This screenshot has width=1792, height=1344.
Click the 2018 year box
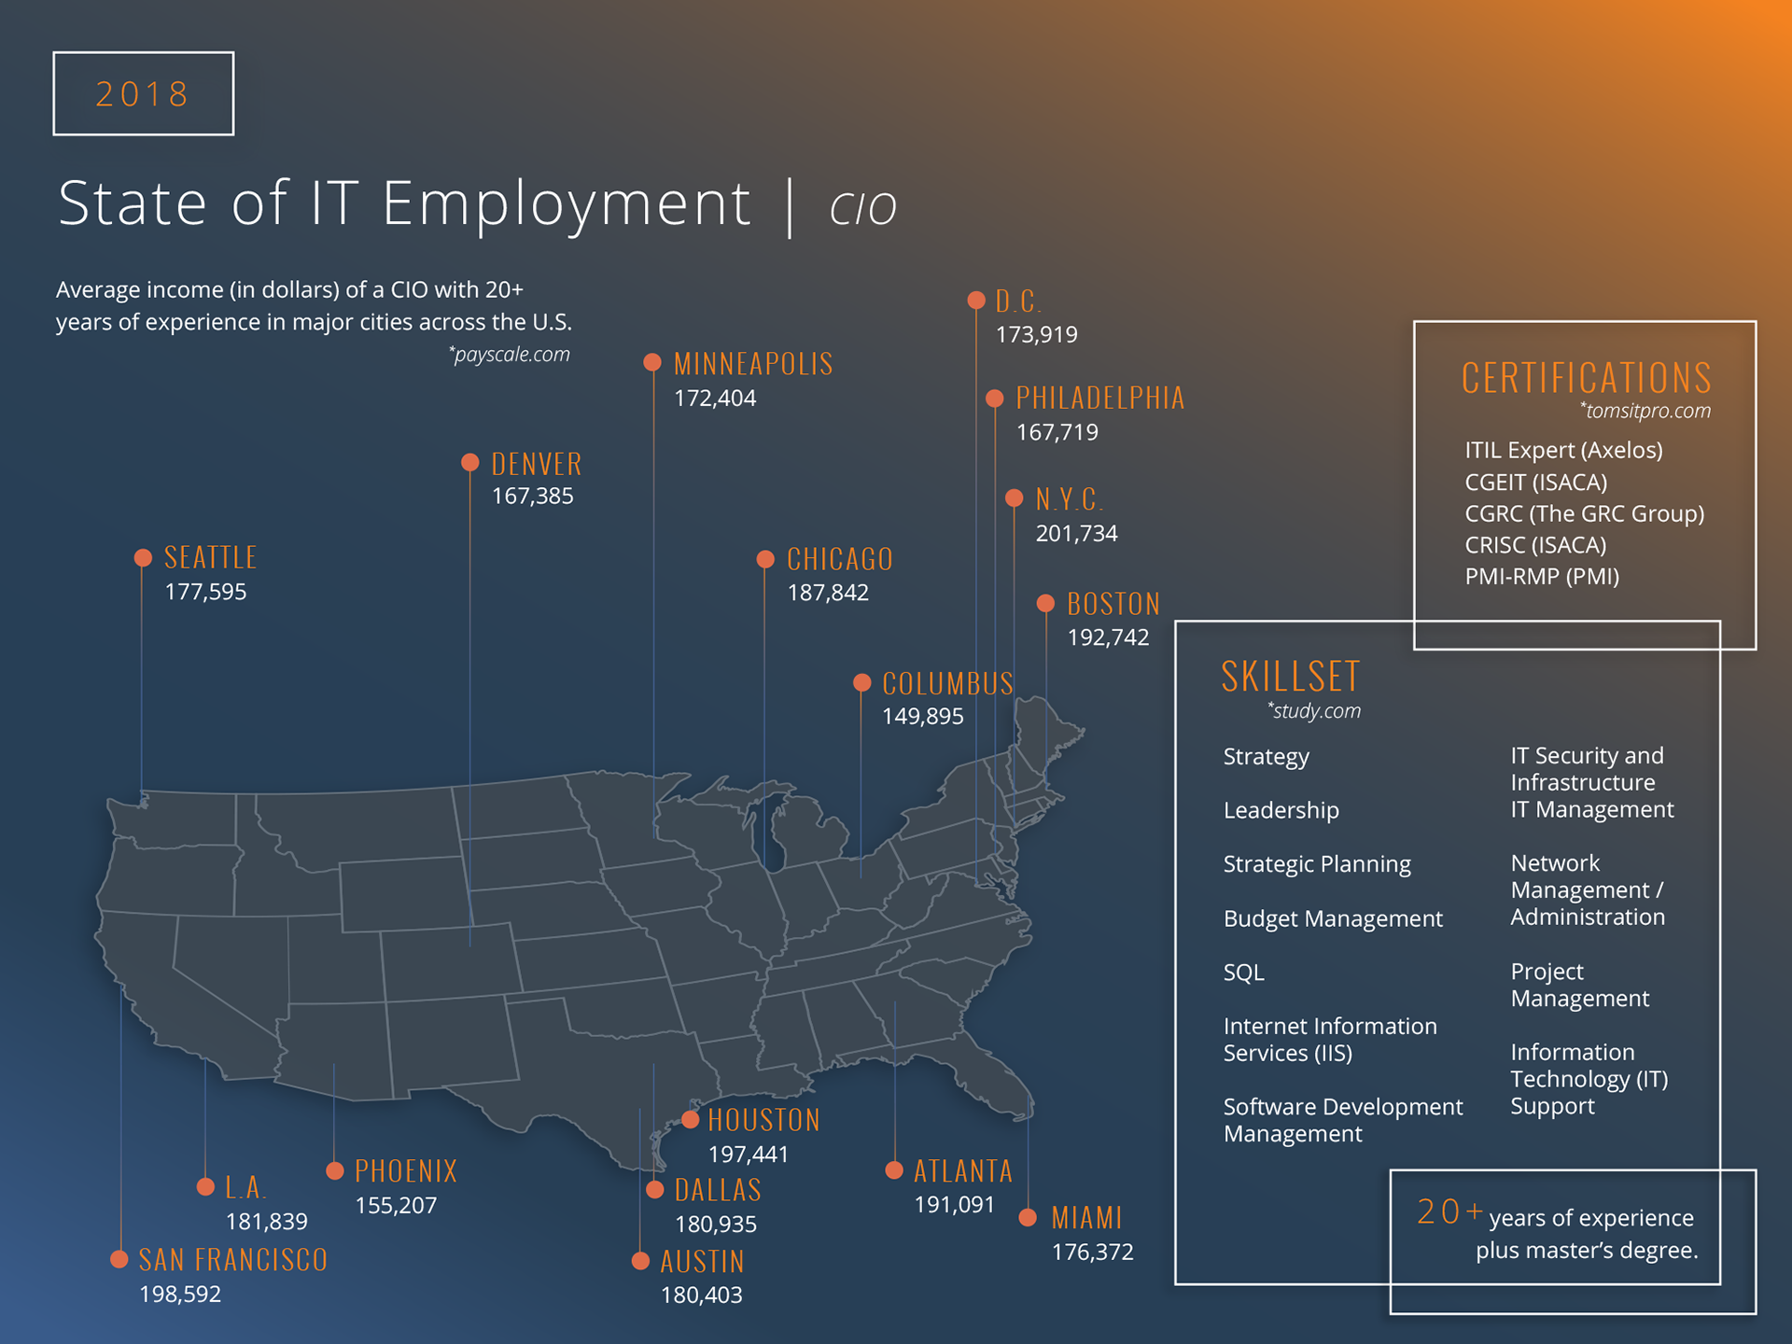pyautogui.click(x=143, y=93)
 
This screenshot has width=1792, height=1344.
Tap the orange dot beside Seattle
pyautogui.click(x=143, y=558)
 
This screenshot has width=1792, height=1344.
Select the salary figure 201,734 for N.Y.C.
pyautogui.click(x=1076, y=534)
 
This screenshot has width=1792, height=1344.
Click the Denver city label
pyautogui.click(x=537, y=464)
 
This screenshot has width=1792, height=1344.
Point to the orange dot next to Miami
pyautogui.click(x=1028, y=1217)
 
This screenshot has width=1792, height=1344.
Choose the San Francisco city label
pyautogui.click(x=233, y=1260)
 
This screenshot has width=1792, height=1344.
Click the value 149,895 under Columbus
pyautogui.click(x=922, y=717)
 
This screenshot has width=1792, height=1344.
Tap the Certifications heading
pyautogui.click(x=1586, y=378)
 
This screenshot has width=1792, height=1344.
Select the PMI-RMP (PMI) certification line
pyautogui.click(x=1542, y=577)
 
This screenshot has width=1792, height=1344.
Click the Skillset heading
pyautogui.click(x=1291, y=677)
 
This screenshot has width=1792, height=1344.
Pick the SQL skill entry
pyautogui.click(x=1243, y=973)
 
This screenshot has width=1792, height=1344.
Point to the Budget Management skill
pyautogui.click(x=1333, y=918)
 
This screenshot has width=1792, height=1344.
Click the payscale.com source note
pyautogui.click(x=510, y=355)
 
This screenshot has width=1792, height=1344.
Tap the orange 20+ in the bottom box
pyautogui.click(x=1449, y=1211)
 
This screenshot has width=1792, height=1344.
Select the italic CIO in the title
pyautogui.click(x=863, y=207)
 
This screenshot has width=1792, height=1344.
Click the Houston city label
pyautogui.click(x=763, y=1120)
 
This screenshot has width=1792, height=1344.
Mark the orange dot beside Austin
pyautogui.click(x=640, y=1261)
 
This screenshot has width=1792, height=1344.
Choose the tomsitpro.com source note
pyautogui.click(x=1645, y=411)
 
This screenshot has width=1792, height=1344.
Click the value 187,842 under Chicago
pyautogui.click(x=828, y=593)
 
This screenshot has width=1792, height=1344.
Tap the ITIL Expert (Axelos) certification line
pyautogui.click(x=1563, y=450)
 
